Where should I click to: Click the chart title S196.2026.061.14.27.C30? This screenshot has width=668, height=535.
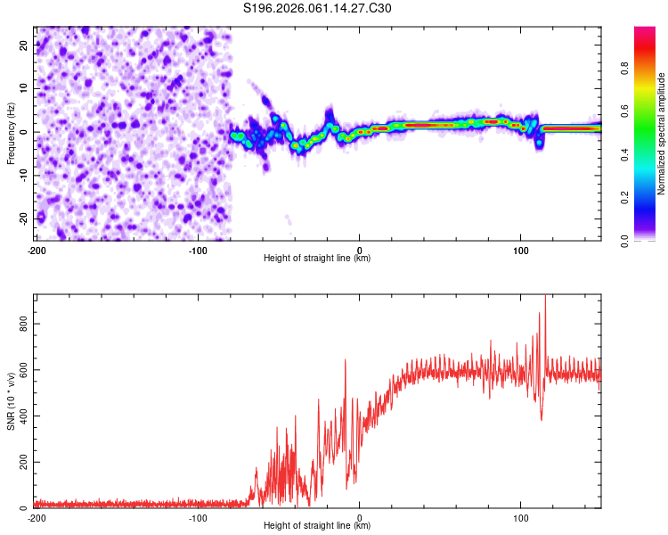[x=317, y=8]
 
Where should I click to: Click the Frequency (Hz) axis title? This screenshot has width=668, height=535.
[x=11, y=133]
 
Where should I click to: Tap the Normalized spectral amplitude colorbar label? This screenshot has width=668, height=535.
[x=661, y=134]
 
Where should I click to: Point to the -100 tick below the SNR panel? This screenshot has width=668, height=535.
[x=198, y=517]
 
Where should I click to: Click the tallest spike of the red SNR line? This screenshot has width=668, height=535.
[x=545, y=297]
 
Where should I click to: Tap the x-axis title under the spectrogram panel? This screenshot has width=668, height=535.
[x=317, y=259]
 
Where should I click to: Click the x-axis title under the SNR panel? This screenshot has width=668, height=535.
[x=317, y=526]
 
